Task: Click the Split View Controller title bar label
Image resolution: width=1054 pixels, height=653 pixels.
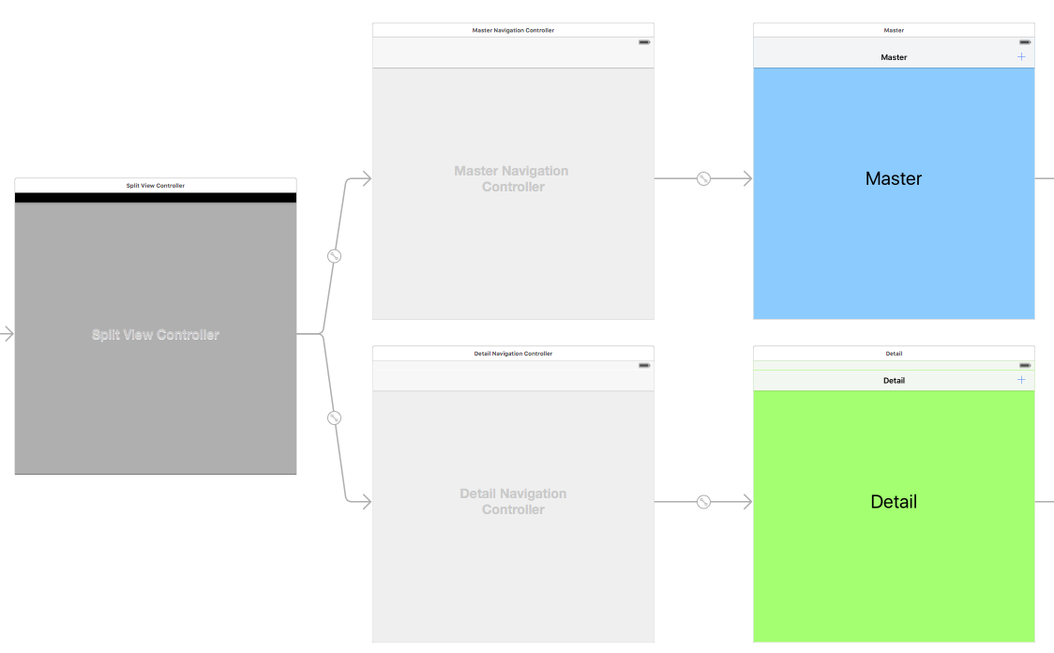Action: [156, 186]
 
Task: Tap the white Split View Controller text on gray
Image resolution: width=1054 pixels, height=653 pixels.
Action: [156, 335]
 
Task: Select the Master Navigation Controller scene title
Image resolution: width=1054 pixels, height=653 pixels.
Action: [513, 30]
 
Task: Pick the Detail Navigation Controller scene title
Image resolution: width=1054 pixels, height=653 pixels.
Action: [513, 354]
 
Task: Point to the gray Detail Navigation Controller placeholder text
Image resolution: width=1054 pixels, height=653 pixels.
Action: [513, 501]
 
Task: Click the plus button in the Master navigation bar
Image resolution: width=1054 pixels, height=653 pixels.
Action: [1021, 57]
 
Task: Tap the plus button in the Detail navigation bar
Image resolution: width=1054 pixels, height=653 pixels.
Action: [1021, 380]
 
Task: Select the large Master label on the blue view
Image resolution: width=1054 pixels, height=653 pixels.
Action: [894, 178]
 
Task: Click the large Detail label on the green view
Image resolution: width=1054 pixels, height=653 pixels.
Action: [894, 502]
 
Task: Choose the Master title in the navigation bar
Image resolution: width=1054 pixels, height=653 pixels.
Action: [894, 57]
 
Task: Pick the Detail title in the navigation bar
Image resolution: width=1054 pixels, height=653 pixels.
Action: [894, 380]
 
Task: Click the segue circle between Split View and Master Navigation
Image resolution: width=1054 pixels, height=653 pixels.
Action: [334, 256]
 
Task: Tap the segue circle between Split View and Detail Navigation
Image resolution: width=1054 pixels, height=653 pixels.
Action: [334, 418]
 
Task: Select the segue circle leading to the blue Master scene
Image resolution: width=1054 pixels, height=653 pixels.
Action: [703, 178]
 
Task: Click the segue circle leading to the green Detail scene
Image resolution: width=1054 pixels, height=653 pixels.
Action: [703, 502]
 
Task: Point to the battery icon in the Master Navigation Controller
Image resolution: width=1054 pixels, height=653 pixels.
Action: [644, 42]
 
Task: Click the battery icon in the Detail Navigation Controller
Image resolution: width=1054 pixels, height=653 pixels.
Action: [644, 365]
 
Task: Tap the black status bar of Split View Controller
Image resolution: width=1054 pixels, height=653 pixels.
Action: [156, 198]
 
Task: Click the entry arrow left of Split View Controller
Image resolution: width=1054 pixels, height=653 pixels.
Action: [8, 334]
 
